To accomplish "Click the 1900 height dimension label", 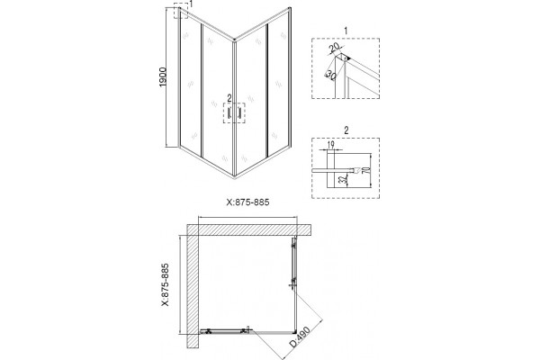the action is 163,76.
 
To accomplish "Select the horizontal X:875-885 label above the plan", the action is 248,202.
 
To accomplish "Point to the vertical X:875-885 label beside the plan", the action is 165,284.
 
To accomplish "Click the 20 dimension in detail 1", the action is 335,48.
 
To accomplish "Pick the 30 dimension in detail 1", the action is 330,75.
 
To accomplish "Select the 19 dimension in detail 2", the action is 330,144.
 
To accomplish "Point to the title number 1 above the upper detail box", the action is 346,31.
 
